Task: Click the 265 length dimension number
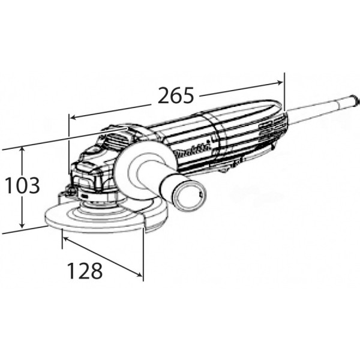[x=176, y=95]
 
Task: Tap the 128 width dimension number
[x=85, y=271]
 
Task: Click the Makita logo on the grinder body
[x=192, y=151]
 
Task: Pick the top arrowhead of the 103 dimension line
[x=22, y=149]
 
